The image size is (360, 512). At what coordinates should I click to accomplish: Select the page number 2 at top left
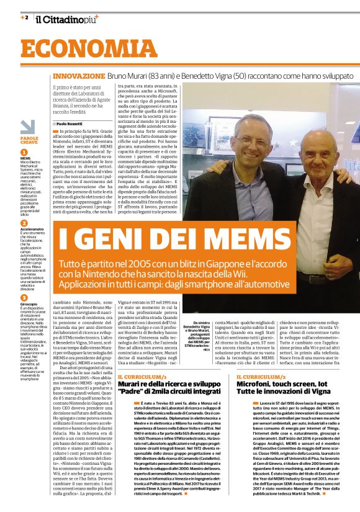coord(25,17)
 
